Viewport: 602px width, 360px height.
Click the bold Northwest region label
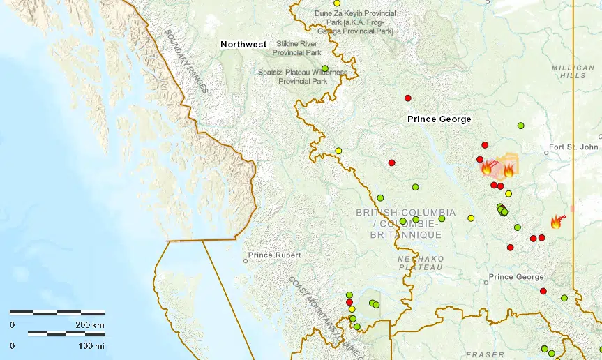[243, 44]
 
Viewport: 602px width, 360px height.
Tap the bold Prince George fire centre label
[439, 119]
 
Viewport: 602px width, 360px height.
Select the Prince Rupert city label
[274, 255]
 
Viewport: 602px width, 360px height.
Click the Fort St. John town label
[573, 147]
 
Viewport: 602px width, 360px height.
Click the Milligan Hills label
[569, 71]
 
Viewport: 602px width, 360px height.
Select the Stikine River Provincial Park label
[296, 47]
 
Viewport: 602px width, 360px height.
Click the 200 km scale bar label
[89, 325]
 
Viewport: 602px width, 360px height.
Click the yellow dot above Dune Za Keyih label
[337, 3]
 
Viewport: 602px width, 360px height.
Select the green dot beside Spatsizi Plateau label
[324, 68]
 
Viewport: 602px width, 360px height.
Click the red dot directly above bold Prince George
[407, 98]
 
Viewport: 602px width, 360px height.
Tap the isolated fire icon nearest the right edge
[556, 222]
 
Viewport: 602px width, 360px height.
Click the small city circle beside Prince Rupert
[245, 261]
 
